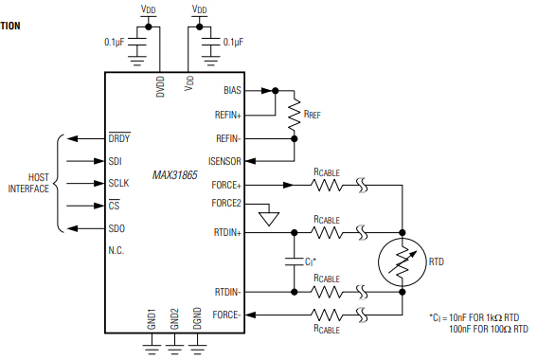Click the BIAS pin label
[232, 90]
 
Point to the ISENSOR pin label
[224, 161]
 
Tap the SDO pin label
[117, 227]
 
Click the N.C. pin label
[117, 251]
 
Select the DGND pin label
[197, 318]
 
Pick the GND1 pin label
[152, 318]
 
